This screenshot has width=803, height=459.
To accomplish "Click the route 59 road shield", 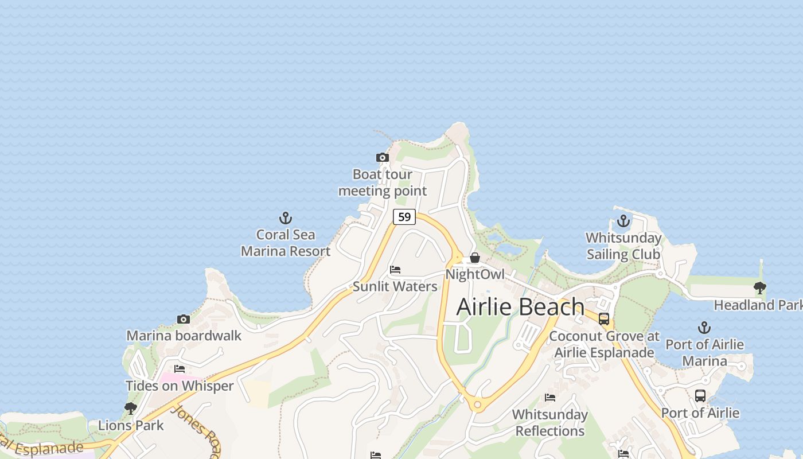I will [404, 216].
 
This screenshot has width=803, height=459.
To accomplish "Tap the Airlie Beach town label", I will [520, 307].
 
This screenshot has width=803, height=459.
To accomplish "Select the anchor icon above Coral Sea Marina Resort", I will [286, 218].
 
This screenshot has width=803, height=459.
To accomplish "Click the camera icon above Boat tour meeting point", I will [382, 157].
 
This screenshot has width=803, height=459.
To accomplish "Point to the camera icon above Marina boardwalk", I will [184, 319].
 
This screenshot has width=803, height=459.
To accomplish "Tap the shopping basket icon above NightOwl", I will [475, 258].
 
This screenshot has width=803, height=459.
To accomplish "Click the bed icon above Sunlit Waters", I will [395, 269].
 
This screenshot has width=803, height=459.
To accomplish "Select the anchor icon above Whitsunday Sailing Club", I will [623, 221].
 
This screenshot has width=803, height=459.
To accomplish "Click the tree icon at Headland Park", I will [760, 287].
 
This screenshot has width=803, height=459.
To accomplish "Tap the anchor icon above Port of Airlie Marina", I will [704, 328].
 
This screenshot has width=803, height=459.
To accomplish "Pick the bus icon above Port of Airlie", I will [700, 395].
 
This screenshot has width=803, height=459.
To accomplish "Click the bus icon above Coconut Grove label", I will [603, 319].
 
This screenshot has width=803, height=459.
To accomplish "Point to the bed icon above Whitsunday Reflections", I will [549, 397].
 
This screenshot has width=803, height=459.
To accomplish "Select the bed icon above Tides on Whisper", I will [180, 368].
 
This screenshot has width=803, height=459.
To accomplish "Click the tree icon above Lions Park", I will [131, 408].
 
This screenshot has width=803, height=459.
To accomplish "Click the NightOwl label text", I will [475, 274].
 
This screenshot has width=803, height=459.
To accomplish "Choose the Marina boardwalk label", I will [184, 336].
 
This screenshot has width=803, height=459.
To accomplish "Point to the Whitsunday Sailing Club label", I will [623, 246].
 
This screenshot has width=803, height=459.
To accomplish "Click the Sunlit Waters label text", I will [395, 286].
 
